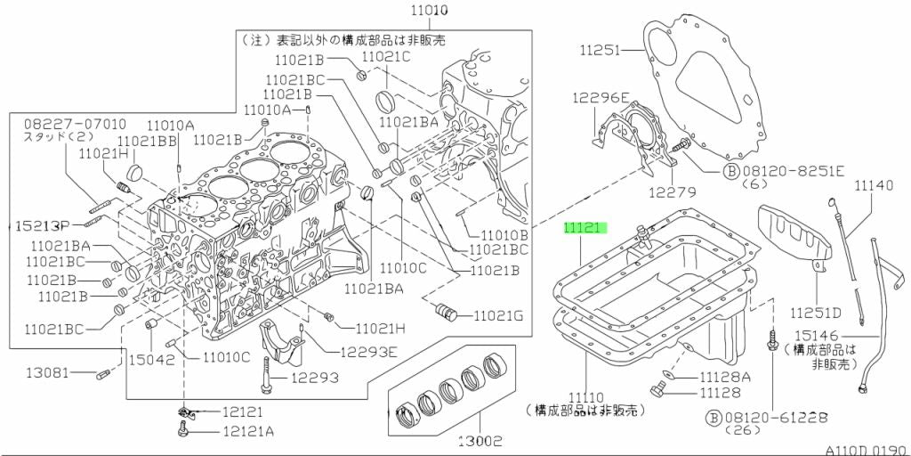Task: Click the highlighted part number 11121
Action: [584, 228]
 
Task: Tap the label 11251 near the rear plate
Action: [601, 52]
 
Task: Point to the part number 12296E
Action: [601, 98]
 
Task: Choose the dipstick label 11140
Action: [875, 185]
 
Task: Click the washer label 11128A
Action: [725, 378]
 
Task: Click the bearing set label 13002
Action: [480, 439]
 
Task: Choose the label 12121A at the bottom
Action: [248, 432]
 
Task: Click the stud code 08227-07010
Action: [62, 123]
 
